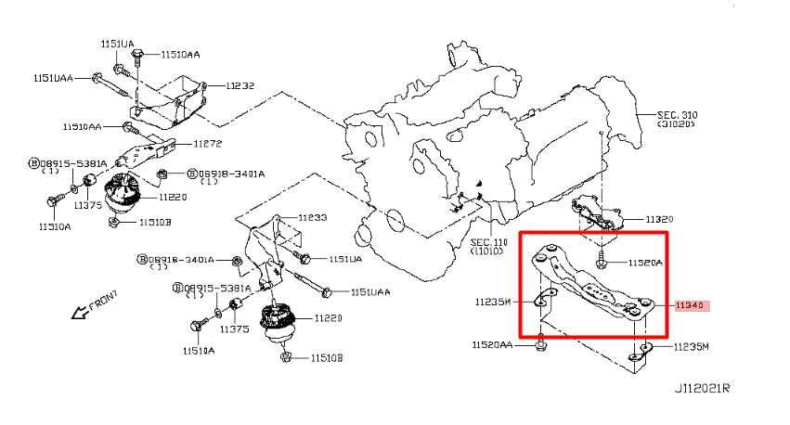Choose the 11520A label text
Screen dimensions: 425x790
(x=645, y=263)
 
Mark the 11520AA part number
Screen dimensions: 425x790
(x=491, y=344)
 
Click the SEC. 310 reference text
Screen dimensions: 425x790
(x=677, y=115)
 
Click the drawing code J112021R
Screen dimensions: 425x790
(x=703, y=390)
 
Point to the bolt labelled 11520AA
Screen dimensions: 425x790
(x=540, y=347)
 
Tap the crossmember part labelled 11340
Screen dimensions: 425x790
(x=585, y=283)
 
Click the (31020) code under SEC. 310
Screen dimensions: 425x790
(x=677, y=125)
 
